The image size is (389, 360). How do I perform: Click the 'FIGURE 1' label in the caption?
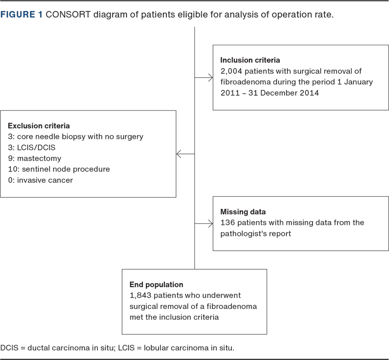click(21, 15)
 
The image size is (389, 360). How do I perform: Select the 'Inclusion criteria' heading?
click(250, 60)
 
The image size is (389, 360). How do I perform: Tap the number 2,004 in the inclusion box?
click(231, 71)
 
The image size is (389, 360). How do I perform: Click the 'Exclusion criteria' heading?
click(39, 126)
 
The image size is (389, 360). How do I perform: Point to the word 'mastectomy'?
click(39, 158)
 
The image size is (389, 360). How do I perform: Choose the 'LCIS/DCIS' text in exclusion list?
click(36, 148)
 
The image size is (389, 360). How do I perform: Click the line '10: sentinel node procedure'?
click(59, 169)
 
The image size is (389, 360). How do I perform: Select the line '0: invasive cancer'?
click(40, 180)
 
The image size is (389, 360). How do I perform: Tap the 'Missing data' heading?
click(243, 212)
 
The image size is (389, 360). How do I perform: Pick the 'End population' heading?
click(156, 285)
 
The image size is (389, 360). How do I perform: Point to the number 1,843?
click(141, 295)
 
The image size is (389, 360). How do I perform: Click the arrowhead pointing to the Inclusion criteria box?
click(211, 78)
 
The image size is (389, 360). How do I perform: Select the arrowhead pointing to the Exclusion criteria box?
click(178, 154)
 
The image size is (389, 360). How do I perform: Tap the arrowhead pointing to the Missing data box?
click(211, 223)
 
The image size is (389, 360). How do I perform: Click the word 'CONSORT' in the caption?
click(68, 15)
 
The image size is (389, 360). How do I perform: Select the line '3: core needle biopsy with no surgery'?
click(75, 137)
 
